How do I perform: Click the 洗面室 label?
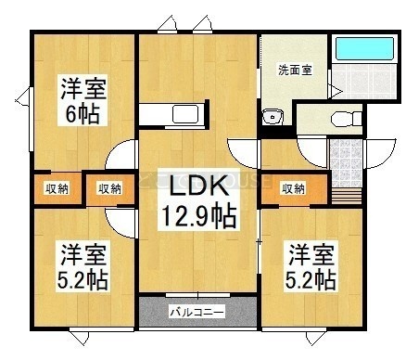tap(295, 71)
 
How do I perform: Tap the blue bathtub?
tap(364, 48)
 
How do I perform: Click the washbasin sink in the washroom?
tap(273, 117)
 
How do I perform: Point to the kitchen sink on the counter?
tap(185, 114)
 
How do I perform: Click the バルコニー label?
tap(197, 313)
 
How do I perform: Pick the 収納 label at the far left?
tap(57, 188)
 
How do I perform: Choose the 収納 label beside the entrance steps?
tap(293, 188)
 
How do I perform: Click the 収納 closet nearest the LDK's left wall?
tap(110, 189)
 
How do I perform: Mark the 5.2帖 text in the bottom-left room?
tap(82, 279)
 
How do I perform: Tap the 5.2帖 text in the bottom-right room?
tap(310, 279)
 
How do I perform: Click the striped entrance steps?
tap(346, 196)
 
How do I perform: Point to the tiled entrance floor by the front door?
tap(346, 163)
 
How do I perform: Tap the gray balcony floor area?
tap(197, 312)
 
